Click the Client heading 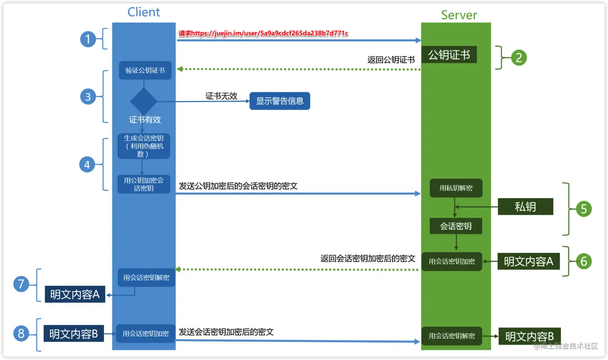click(144, 12)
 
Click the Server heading click(459, 15)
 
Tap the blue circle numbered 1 click(88, 39)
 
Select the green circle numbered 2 click(518, 58)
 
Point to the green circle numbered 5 click(583, 209)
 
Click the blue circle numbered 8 click(21, 333)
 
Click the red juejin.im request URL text click(263, 33)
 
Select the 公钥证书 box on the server click(449, 55)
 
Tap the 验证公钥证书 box click(145, 70)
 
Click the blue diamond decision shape click(144, 101)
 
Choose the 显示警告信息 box click(280, 101)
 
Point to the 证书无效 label click(221, 96)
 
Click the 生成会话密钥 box click(144, 146)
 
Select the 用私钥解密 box click(456, 188)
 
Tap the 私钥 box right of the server click(525, 207)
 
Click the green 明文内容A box click(528, 261)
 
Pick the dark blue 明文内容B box click(74, 334)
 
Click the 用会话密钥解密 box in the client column click(146, 278)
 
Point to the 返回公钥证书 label click(391, 60)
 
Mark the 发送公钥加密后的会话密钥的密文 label click(238, 186)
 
